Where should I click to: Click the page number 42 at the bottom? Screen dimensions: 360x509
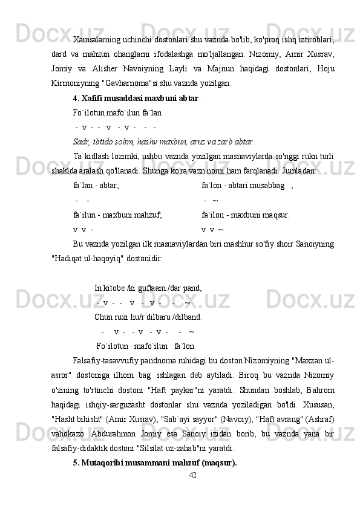[192, 475]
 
